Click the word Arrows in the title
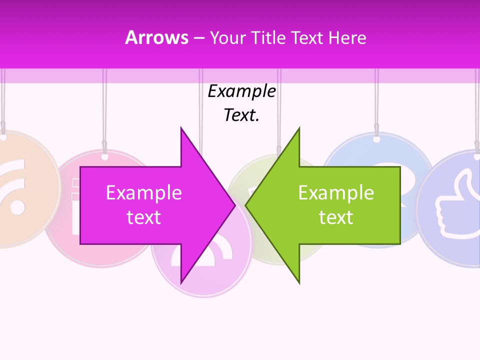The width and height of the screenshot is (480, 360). tap(156, 37)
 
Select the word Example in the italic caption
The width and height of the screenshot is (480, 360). tap(241, 91)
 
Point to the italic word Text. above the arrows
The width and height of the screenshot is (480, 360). tap(241, 115)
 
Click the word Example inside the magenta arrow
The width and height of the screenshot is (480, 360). tap(143, 193)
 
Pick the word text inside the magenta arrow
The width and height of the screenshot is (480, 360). tap(143, 217)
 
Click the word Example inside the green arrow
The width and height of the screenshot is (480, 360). tap(336, 193)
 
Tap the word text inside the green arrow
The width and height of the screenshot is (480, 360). tap(336, 217)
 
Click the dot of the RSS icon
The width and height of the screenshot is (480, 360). tap(16, 206)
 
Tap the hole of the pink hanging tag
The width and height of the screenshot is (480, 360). tap(104, 156)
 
